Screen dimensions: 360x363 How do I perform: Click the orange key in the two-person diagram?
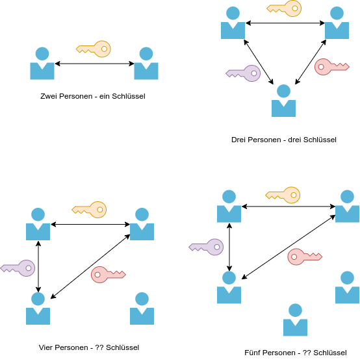pyautogui.click(x=94, y=49)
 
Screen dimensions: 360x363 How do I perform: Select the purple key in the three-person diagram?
pyautogui.click(x=243, y=73)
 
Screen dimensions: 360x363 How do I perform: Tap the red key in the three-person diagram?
pyautogui.click(x=332, y=67)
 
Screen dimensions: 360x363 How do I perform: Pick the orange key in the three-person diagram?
pyautogui.click(x=284, y=8)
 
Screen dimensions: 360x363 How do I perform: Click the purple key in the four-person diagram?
pyautogui.click(x=18, y=268)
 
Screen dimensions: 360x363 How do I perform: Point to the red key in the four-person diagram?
pyautogui.click(x=109, y=275)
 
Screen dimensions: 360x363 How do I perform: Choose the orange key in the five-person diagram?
pyautogui.click(x=283, y=195)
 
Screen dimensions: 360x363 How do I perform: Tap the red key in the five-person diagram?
pyautogui.click(x=305, y=257)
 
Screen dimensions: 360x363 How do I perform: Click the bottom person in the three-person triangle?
pyautogui.click(x=283, y=101)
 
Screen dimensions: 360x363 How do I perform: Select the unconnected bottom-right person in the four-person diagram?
pyautogui.click(x=142, y=308)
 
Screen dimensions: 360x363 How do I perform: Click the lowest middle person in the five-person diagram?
pyautogui.click(x=296, y=319)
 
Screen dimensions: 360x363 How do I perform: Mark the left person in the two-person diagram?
pyautogui.click(x=42, y=63)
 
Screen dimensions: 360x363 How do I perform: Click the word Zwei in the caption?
pyautogui.click(x=49, y=96)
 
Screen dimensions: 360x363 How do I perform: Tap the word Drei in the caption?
pyautogui.click(x=239, y=140)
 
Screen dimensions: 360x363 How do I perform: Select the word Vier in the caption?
pyautogui.click(x=45, y=347)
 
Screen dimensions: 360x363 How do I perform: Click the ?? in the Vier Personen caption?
pyautogui.click(x=99, y=347)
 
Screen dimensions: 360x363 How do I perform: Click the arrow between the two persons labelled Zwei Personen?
pyautogui.click(x=94, y=64)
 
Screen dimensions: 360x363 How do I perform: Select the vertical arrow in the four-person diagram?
pyautogui.click(x=38, y=266)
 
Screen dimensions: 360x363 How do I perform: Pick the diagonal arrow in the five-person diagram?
pyautogui.click(x=289, y=247)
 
